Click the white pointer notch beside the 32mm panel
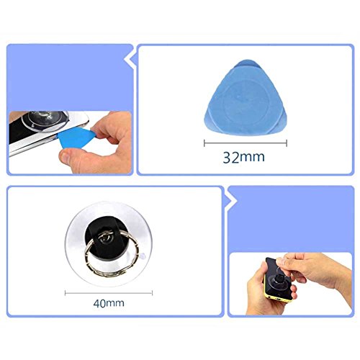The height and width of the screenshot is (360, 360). (132, 56)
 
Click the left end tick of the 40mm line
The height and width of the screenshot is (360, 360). (66, 293)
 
